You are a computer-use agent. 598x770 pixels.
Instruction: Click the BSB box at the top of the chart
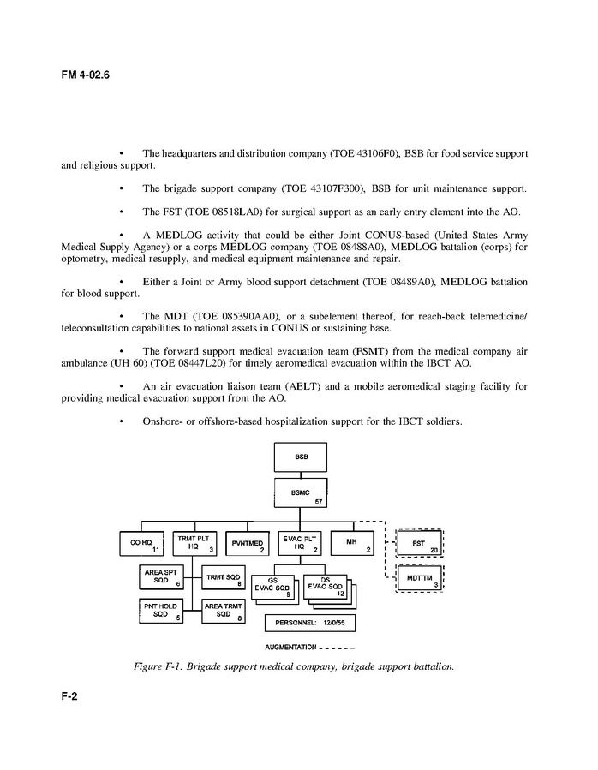pos(300,457)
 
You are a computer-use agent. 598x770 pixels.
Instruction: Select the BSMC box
pos(300,494)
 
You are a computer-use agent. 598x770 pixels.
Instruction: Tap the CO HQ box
pos(141,543)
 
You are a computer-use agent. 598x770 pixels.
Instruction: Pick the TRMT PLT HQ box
pos(194,543)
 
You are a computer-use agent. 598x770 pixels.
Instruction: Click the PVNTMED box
pos(247,543)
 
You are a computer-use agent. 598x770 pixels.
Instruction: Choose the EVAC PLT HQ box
pos(300,543)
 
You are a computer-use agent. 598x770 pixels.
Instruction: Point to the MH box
pos(352,543)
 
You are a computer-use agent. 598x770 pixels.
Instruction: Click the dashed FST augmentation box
pos(419,544)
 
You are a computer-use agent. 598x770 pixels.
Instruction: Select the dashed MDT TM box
pos(419,580)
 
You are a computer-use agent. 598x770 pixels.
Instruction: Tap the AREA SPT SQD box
pos(161,578)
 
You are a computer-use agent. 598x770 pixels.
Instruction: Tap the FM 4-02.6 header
pos(85,75)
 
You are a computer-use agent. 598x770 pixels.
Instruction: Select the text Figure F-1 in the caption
pos(159,666)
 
